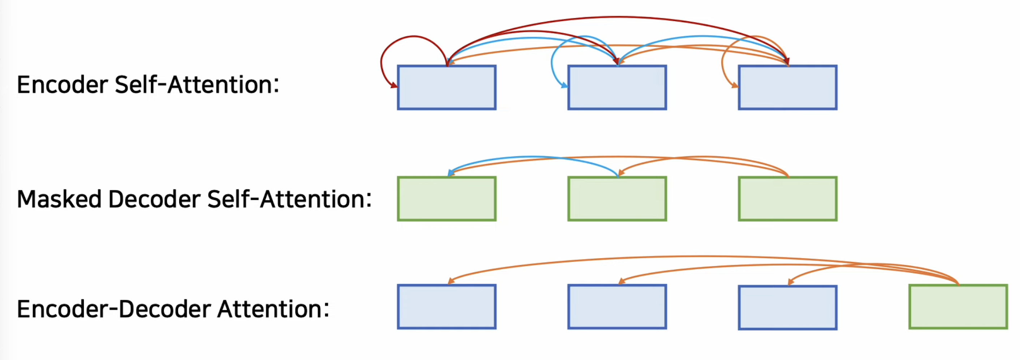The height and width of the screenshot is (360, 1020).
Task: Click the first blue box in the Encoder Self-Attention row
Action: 447,87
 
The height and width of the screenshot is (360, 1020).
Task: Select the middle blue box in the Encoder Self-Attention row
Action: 617,87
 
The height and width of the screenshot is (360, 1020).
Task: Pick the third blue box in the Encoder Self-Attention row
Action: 787,87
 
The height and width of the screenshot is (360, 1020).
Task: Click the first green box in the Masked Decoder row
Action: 447,198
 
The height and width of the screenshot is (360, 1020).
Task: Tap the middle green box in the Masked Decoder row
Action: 617,198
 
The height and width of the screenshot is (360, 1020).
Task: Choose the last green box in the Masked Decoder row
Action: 787,198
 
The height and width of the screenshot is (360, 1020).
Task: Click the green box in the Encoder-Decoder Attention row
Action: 958,307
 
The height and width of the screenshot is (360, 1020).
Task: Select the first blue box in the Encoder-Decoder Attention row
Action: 447,307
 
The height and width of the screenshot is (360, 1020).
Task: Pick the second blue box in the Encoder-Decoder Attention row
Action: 617,307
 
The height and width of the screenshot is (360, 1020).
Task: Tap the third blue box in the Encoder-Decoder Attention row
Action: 787,307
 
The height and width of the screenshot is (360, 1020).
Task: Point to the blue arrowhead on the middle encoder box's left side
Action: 564,85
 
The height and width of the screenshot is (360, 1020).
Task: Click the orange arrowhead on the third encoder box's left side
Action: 735,85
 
